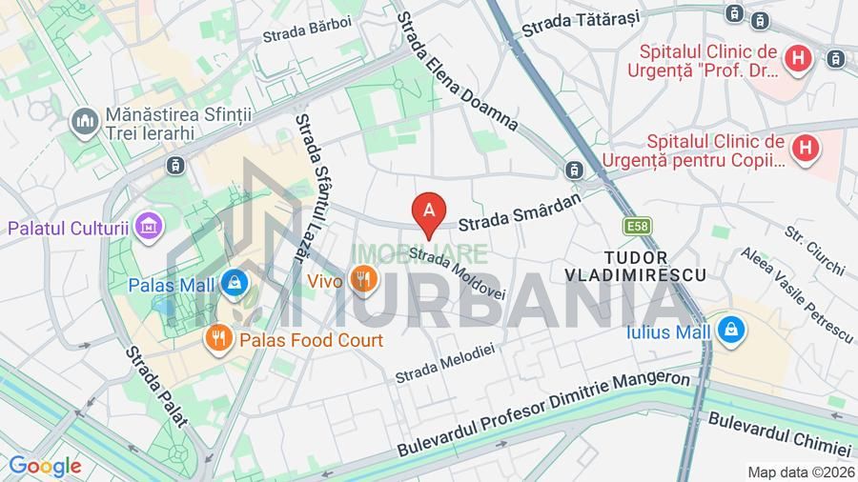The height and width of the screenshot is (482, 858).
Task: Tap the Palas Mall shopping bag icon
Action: pos(235,283)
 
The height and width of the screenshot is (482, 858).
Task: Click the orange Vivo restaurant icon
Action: pos(361,280)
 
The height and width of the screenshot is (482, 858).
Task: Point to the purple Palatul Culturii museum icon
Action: pos(149,227)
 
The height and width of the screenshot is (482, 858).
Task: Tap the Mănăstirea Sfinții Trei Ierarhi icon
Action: pos(86,122)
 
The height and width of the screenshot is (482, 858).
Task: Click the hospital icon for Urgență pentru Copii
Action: pos(807,148)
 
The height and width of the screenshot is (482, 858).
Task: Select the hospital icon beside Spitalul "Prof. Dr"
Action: pos(797,60)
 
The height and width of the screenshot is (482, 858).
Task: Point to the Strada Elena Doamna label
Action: pos(457,71)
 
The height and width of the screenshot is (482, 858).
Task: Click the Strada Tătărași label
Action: pos(580,23)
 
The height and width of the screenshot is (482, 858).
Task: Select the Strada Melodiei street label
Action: pos(445,363)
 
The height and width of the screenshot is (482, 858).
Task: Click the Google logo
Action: pos(44,466)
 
